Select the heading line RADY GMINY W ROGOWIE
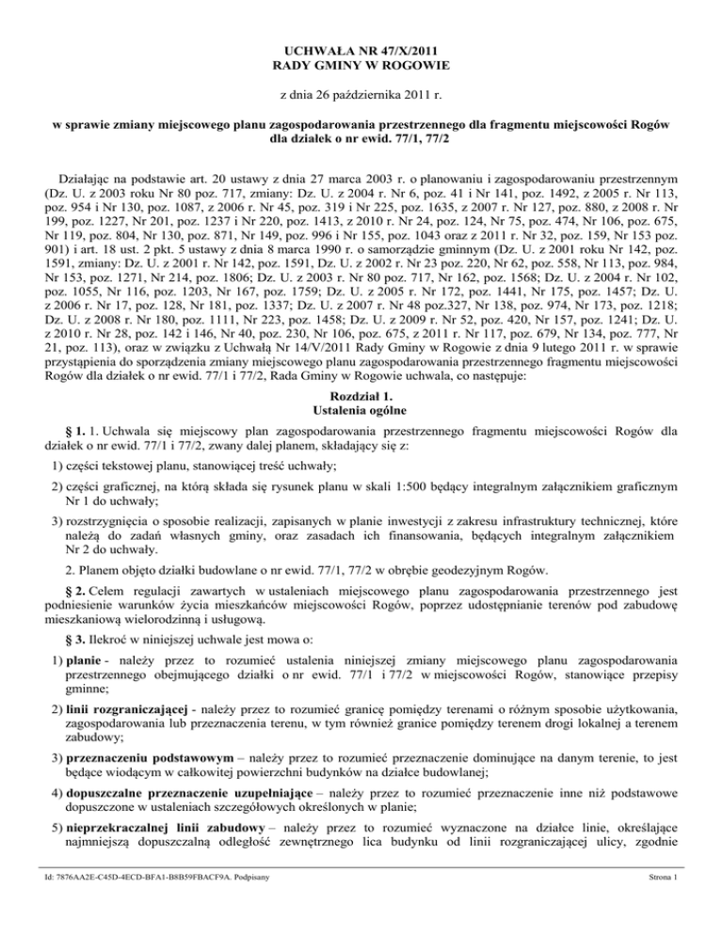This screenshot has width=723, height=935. coord(362,64)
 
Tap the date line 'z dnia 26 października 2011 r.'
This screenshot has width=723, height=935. coord(361,95)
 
